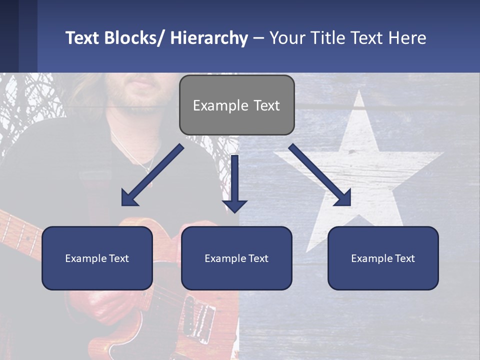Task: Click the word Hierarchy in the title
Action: [x=209, y=38]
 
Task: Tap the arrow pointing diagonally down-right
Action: [x=320, y=175]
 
